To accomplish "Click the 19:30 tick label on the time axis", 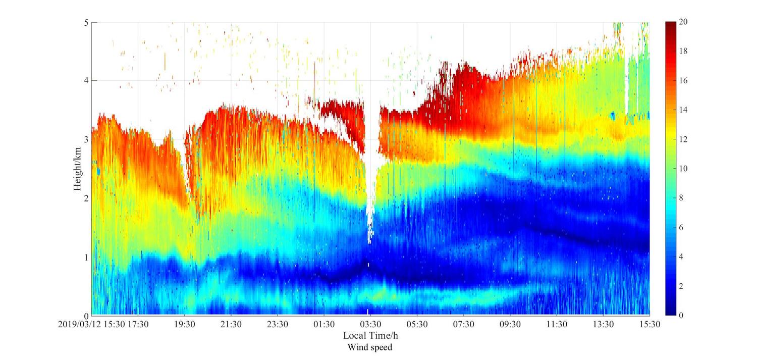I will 184,324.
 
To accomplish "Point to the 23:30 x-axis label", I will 277,324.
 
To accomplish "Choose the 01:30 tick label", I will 323,324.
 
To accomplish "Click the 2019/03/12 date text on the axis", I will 79,324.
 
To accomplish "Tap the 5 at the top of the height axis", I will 86,23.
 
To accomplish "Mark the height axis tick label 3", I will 86,140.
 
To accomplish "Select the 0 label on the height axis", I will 86,316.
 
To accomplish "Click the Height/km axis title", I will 77,169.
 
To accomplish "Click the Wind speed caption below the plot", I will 370,347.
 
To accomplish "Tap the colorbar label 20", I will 684,22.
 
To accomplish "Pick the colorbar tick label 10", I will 684,169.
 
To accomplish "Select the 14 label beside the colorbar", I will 684,110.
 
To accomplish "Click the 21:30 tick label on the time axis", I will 231,324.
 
